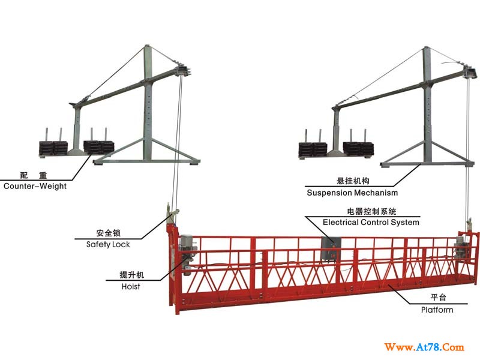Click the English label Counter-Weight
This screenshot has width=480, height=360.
35,186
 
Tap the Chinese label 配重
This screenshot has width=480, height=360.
34,175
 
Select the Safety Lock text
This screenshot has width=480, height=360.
108,244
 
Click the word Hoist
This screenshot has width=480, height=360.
131,287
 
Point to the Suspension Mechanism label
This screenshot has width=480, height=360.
352,193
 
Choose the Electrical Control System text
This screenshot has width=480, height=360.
371,222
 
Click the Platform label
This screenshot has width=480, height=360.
437,310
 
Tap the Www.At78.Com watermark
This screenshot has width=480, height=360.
424,347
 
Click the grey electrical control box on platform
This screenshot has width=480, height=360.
331,249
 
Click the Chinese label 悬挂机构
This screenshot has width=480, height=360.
353,181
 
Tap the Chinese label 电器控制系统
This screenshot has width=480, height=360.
371,211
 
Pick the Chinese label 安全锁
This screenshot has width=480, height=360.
109,233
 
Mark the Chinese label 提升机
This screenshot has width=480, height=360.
131,275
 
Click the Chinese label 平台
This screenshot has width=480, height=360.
439,297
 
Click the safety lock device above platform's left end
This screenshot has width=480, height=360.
172,214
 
